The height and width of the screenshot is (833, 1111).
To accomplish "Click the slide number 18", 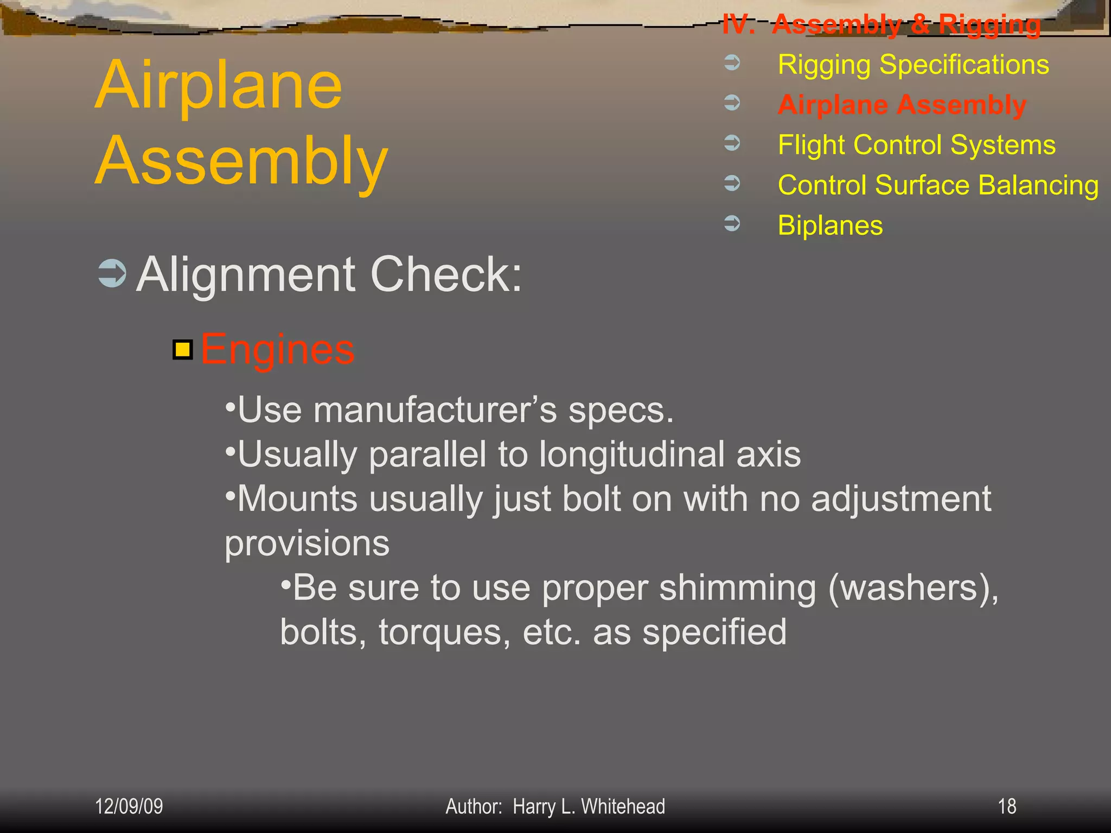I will [x=1007, y=806].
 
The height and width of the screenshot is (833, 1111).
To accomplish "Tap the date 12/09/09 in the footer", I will [x=129, y=806].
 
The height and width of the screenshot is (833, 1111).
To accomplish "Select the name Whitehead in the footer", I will [x=623, y=806].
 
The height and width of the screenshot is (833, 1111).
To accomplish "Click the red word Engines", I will [x=277, y=350].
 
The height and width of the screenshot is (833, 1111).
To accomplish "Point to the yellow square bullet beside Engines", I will [x=183, y=350].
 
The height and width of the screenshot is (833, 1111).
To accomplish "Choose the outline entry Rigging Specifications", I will [x=913, y=65].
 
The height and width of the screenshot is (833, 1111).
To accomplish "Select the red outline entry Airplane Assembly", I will [x=902, y=105].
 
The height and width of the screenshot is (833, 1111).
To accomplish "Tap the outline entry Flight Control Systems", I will [x=917, y=145].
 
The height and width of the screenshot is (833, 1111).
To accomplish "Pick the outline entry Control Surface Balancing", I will [x=938, y=185].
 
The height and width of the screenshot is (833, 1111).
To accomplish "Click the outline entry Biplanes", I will [x=830, y=225].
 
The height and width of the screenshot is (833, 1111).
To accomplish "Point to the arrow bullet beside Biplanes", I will [x=732, y=223].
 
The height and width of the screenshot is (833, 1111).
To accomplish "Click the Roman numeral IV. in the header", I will [x=739, y=25].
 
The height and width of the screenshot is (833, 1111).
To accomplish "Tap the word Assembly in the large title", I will [x=242, y=161].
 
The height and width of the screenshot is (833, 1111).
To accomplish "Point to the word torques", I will [x=444, y=632].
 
